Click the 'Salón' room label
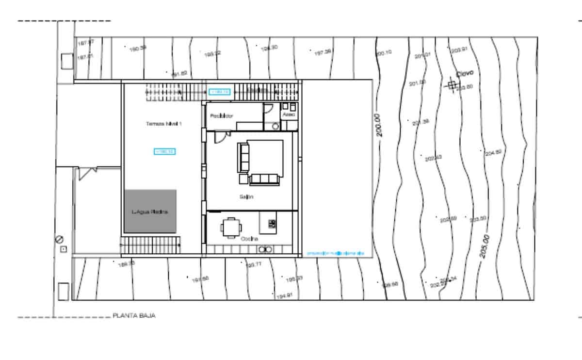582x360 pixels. pos(246,197)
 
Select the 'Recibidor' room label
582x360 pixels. pos(222,116)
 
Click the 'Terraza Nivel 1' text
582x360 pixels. pos(163,124)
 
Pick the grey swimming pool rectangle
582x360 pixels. pos(150,211)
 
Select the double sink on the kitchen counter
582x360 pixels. pos(264,249)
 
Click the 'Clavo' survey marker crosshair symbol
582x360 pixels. pos(452,85)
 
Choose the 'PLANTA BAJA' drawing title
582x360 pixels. pos(134,315)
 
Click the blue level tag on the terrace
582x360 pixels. pos(164,151)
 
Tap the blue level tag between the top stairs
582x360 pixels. pos(219,91)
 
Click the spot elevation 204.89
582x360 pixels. pos(493,153)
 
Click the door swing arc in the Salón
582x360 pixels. pos(220,138)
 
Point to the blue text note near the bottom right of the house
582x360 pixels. pos(335,253)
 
